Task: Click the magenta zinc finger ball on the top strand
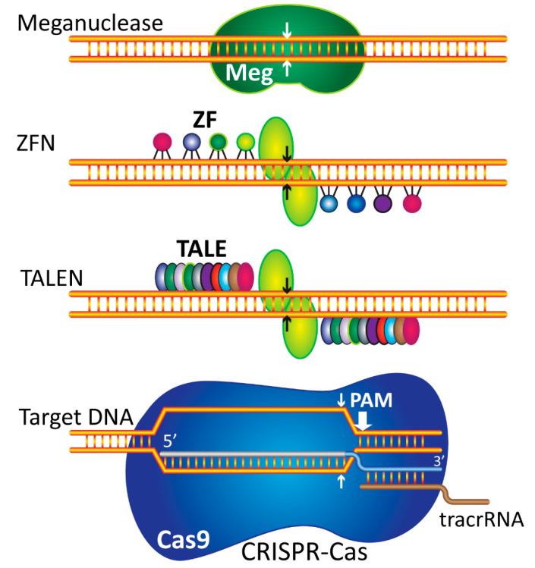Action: (162, 141)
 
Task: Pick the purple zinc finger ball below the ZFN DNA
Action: (383, 202)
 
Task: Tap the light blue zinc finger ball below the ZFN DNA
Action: (329, 202)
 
